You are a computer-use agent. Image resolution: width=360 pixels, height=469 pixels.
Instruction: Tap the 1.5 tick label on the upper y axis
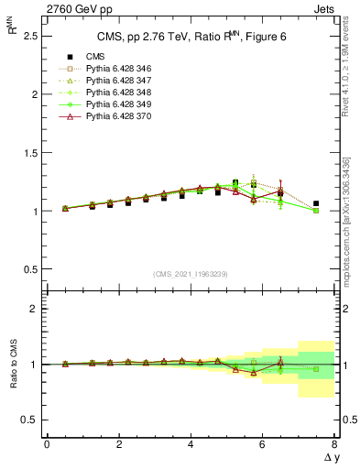[x=28, y=153]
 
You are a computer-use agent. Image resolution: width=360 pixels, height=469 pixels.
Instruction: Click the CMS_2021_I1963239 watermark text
[x=190, y=273]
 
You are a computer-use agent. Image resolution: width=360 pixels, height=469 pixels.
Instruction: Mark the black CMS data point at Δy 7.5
[x=316, y=203]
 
